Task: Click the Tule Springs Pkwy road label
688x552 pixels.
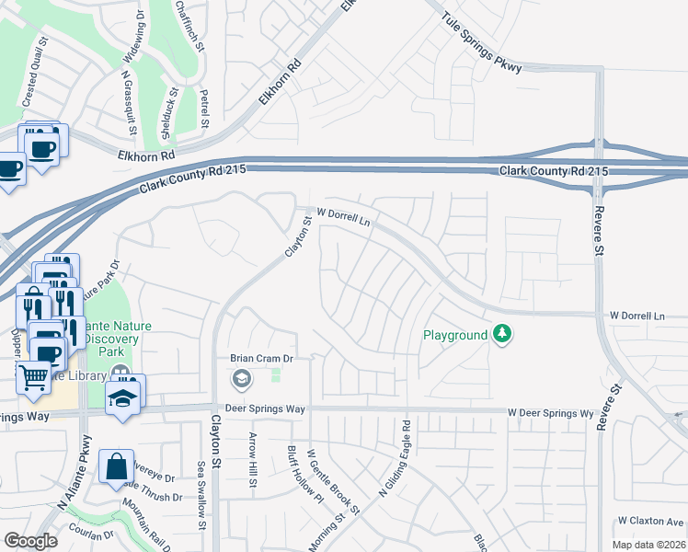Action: click(481, 42)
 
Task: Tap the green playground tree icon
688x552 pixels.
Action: click(501, 334)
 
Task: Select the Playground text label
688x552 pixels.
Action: click(454, 335)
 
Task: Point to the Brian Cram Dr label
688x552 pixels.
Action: click(260, 358)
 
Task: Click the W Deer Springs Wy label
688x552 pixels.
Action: click(550, 413)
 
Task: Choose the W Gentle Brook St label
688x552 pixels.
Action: click(333, 480)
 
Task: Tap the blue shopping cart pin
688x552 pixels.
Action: click(34, 377)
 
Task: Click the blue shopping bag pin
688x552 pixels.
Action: click(119, 466)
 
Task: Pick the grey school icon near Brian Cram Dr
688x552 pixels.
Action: click(241, 378)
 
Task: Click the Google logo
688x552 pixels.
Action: click(31, 541)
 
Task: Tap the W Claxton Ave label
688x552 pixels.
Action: click(651, 521)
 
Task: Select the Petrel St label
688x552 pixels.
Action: click(205, 109)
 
